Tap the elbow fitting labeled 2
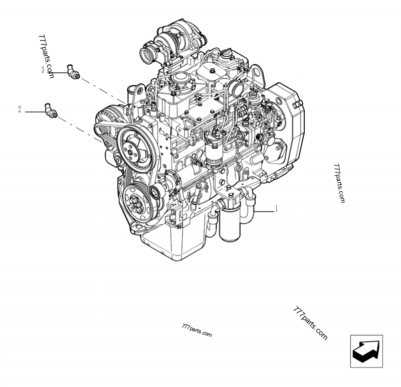(51, 110)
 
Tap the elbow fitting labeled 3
(74, 71)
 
